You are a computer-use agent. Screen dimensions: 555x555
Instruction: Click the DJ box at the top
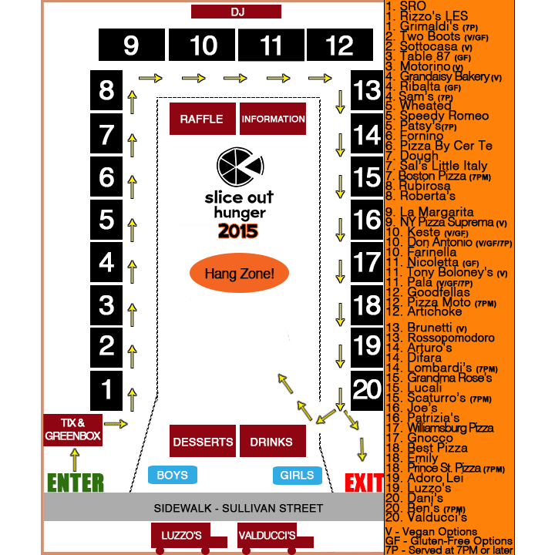237,12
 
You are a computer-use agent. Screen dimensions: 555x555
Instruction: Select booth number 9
131,45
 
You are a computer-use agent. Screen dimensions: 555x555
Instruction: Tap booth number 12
339,45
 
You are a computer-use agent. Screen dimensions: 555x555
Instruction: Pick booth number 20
367,390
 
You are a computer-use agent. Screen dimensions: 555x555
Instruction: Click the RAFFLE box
202,119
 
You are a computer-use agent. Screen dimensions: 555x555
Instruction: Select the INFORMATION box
273,119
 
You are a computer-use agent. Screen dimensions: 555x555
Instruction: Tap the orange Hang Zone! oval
240,274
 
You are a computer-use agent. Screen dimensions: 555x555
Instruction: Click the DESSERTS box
203,442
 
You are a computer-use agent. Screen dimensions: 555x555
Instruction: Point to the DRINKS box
272,442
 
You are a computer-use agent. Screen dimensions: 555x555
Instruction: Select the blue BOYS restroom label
172,475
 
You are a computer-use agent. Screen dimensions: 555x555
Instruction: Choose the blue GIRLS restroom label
297,476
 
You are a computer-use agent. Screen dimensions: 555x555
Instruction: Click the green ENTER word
76,483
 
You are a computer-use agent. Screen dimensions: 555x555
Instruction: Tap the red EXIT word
364,483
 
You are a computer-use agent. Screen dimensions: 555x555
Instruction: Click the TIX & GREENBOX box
73,429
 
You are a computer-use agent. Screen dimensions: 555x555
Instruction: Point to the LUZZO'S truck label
182,536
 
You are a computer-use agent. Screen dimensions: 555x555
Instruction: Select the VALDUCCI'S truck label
267,536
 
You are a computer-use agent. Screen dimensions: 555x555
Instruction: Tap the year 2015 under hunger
238,230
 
